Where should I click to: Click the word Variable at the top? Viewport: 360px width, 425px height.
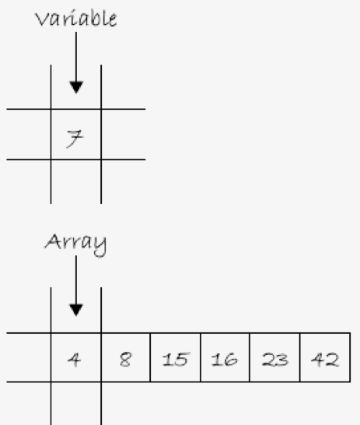[x=76, y=19]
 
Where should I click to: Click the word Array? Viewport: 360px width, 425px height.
[x=75, y=244]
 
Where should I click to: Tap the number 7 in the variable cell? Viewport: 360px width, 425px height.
[x=75, y=139]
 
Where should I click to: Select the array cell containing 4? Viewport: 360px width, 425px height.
[x=76, y=357]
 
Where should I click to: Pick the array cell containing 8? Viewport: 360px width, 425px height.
[x=126, y=357]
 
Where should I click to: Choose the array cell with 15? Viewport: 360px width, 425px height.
[x=176, y=357]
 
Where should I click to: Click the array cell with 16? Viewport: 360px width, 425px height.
[x=225, y=357]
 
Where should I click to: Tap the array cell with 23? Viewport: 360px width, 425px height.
[x=274, y=357]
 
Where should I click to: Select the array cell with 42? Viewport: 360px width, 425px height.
[x=325, y=357]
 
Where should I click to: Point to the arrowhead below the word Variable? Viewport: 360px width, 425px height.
[x=76, y=87]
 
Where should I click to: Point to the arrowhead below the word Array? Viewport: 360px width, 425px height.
[x=76, y=311]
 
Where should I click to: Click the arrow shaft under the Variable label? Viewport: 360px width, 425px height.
[x=76, y=57]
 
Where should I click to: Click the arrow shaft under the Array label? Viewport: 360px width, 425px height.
[x=76, y=280]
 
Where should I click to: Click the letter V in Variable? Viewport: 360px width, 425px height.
[x=41, y=19]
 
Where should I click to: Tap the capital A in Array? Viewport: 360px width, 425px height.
[x=52, y=241]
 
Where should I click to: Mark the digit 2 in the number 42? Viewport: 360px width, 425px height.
[x=332, y=360]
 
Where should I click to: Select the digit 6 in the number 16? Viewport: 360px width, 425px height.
[x=231, y=360]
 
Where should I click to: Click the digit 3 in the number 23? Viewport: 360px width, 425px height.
[x=281, y=360]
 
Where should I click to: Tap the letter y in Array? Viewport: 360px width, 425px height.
[x=100, y=246]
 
